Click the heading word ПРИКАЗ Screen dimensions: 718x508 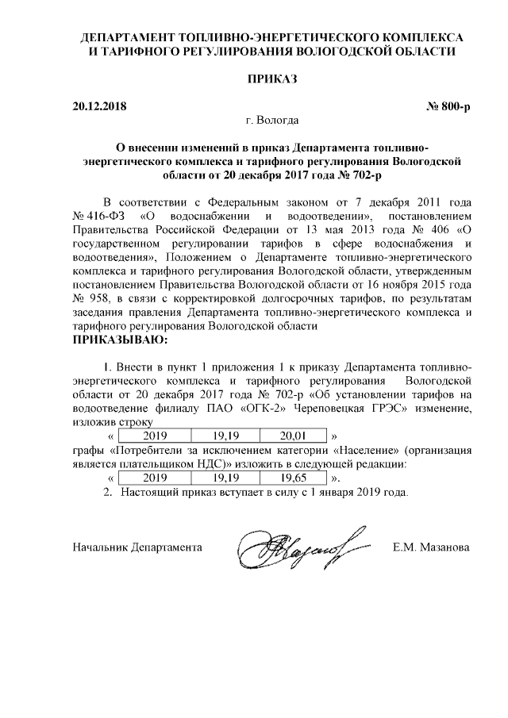click(x=272, y=79)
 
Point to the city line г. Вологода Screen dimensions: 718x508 click(x=272, y=121)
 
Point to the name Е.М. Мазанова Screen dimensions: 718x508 click(x=432, y=547)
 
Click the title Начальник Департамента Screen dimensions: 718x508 click(x=137, y=547)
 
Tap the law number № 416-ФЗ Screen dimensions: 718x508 click(x=99, y=216)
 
